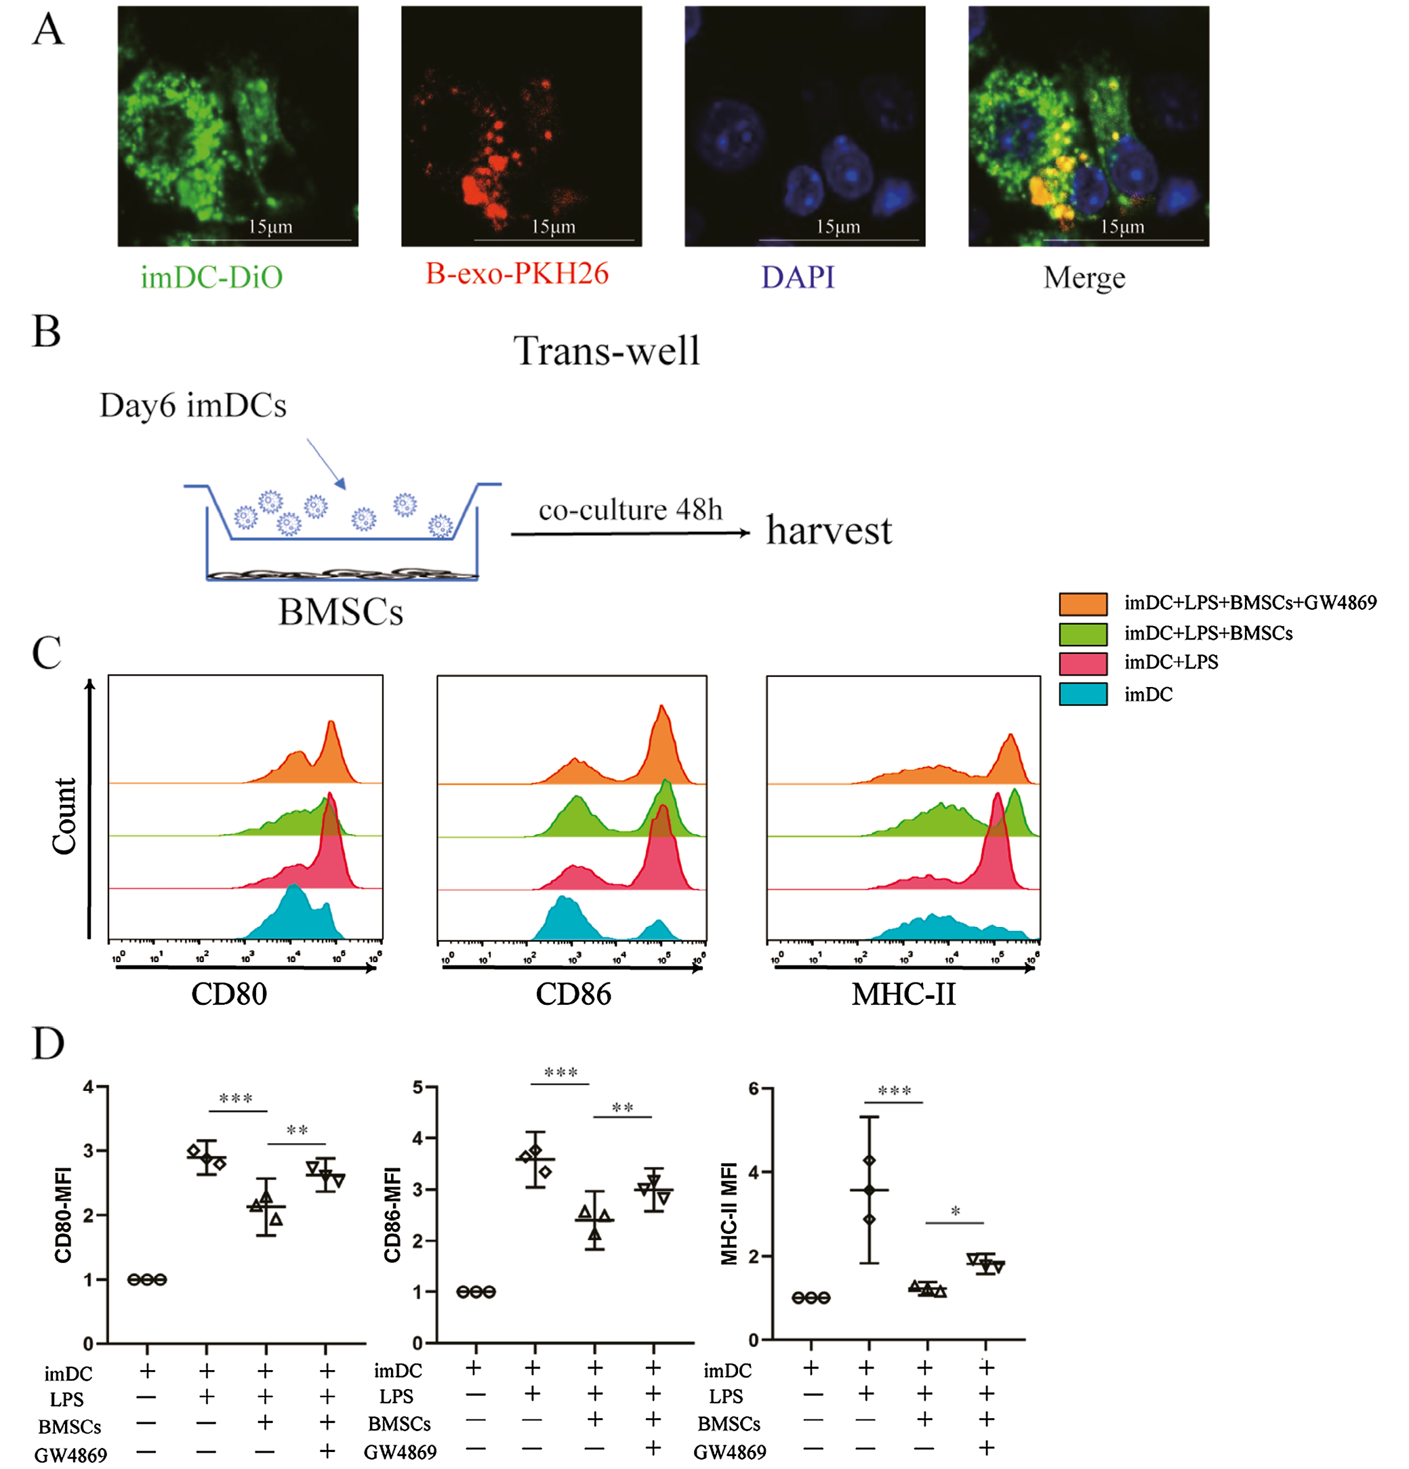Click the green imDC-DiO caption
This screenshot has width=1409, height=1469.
pos(211,277)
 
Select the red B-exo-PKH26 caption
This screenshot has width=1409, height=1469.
pos(516,274)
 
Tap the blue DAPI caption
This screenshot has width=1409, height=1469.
pos(798,277)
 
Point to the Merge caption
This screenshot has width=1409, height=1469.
pos(1084,278)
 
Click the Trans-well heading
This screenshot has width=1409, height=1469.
pos(607,351)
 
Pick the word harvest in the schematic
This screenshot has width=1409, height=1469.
pos(829,531)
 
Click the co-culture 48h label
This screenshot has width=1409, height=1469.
pos(630,510)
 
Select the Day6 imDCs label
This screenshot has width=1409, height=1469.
pos(192,405)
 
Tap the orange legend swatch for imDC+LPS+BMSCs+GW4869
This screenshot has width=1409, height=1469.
pos(1082,603)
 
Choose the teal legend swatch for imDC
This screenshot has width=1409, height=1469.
pos(1082,694)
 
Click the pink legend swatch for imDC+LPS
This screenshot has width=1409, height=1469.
pos(1082,663)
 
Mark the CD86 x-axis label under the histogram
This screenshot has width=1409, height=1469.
pos(573,994)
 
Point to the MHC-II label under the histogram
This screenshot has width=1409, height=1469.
pos(903,994)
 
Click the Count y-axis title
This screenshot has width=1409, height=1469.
pos(64,815)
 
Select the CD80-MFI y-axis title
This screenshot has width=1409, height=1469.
pos(63,1214)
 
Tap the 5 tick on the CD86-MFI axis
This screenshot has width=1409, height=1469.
pos(418,1088)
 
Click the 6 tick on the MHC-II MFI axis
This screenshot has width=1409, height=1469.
pos(754,1089)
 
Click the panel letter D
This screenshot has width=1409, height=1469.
pos(48,1043)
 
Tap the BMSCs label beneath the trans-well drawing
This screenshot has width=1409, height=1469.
pos(340,612)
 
